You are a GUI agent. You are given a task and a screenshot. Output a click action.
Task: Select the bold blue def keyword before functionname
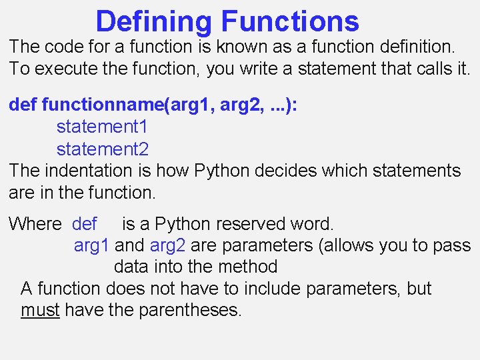click(x=22, y=105)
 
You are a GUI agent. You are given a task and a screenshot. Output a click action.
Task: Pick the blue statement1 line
click(x=102, y=127)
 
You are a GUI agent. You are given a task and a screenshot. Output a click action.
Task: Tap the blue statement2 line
click(x=102, y=149)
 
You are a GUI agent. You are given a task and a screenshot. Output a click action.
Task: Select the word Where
click(x=35, y=224)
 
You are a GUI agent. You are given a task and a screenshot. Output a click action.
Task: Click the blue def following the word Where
click(x=85, y=224)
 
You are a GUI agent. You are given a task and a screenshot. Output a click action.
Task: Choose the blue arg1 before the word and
click(x=91, y=245)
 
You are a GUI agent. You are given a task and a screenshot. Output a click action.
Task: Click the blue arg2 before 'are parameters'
click(x=168, y=245)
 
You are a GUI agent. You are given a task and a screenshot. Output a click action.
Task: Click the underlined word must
click(x=40, y=310)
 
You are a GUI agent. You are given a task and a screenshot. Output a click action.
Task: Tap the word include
click(x=270, y=289)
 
